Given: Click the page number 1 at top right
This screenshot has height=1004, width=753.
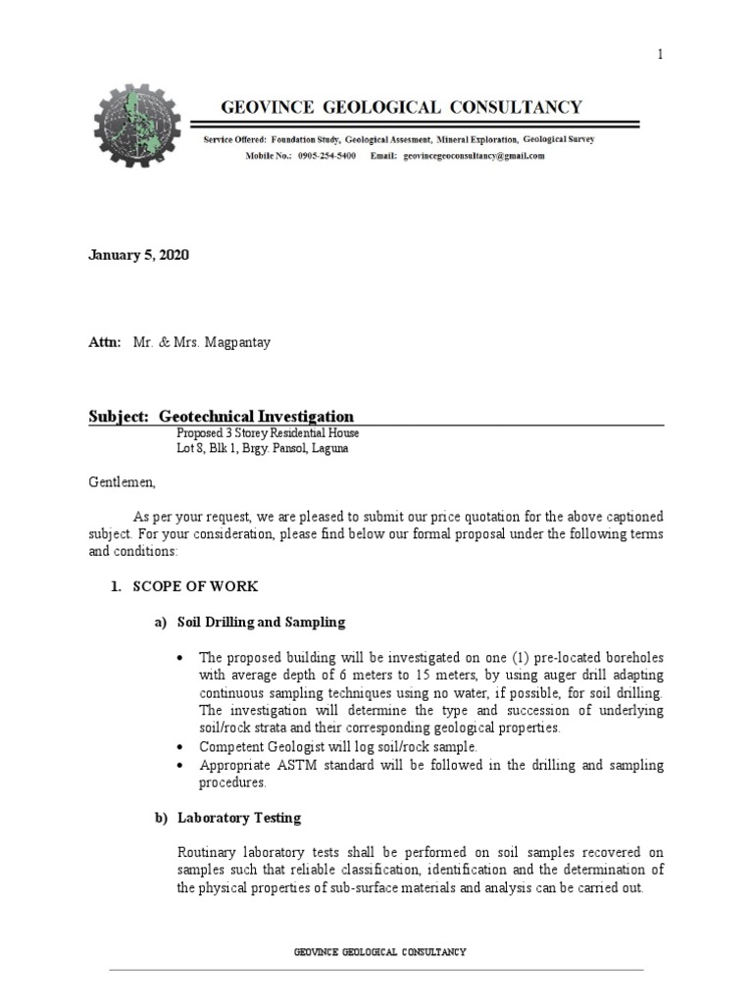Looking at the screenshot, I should (x=661, y=55).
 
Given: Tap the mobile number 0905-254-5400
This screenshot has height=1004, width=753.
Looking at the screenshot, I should (x=332, y=156).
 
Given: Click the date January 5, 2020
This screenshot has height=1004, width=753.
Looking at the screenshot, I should (x=138, y=255).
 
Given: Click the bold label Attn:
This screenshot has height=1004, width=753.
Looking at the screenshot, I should (x=105, y=343).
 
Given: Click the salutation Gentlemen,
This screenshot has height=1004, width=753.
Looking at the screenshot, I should (x=123, y=483).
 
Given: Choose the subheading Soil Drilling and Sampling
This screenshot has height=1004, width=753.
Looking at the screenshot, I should (x=261, y=623).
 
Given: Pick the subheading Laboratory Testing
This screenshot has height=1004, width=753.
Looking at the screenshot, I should (x=238, y=817).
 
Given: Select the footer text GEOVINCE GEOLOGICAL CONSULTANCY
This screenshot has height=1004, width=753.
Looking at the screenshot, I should (x=379, y=952).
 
